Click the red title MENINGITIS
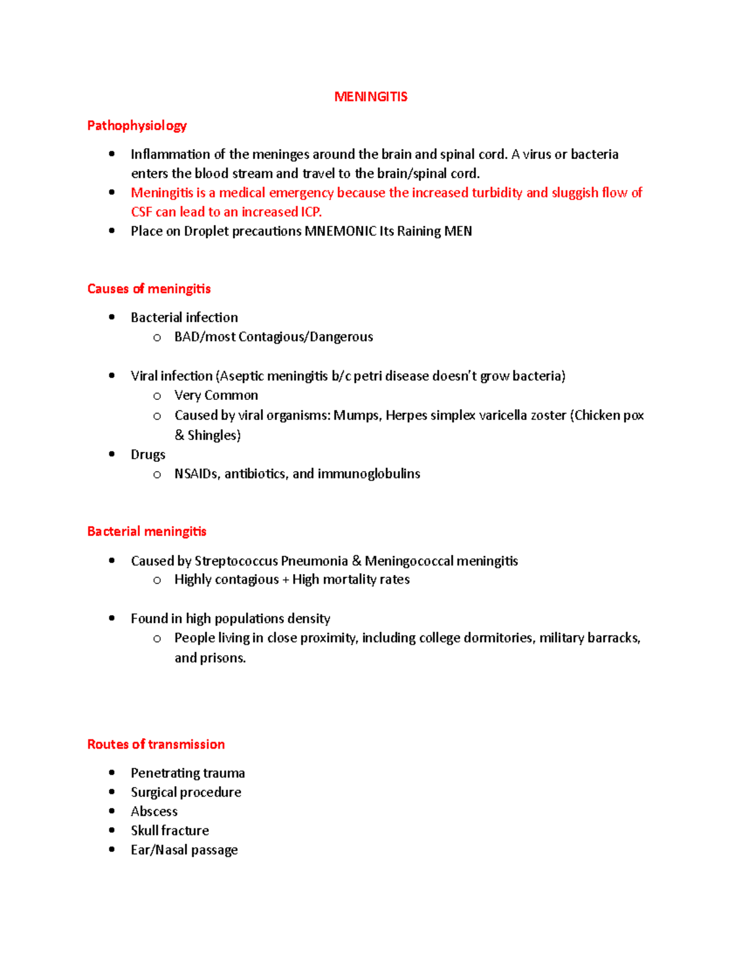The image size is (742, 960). pos(370,96)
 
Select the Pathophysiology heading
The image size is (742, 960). pos(137,125)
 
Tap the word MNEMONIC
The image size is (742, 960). pos(340,231)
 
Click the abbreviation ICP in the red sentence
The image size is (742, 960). pos(310,212)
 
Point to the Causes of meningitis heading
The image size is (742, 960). pos(149,289)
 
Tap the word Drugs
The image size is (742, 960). pos(148,454)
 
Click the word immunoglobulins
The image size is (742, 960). pos(369,474)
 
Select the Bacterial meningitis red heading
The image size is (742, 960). pos(147,532)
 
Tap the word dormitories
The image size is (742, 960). pos(498,638)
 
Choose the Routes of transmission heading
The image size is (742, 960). pos(156,744)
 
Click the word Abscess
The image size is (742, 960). pos(154,812)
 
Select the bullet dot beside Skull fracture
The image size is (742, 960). pos(112,830)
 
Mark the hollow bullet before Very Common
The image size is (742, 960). pos(157,396)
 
